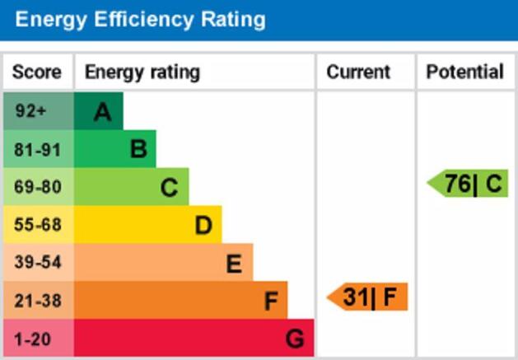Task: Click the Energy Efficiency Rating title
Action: tap(141, 20)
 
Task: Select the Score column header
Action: tap(37, 72)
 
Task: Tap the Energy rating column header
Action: tap(142, 72)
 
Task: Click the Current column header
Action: tap(358, 72)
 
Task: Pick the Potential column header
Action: tap(464, 72)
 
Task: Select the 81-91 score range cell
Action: tap(37, 149)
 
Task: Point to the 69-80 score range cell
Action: tap(37, 187)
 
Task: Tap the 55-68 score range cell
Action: tap(37, 225)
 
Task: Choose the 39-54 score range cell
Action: tap(37, 263)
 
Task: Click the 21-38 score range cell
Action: tap(37, 301)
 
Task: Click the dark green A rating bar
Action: tap(99, 111)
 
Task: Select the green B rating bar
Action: tap(115, 149)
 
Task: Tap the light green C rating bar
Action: tap(132, 187)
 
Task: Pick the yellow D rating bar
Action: tap(148, 225)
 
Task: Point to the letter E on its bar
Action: tap(234, 264)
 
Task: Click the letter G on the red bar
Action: tap(295, 339)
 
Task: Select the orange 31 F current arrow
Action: tap(368, 297)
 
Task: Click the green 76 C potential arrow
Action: tap(469, 183)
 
